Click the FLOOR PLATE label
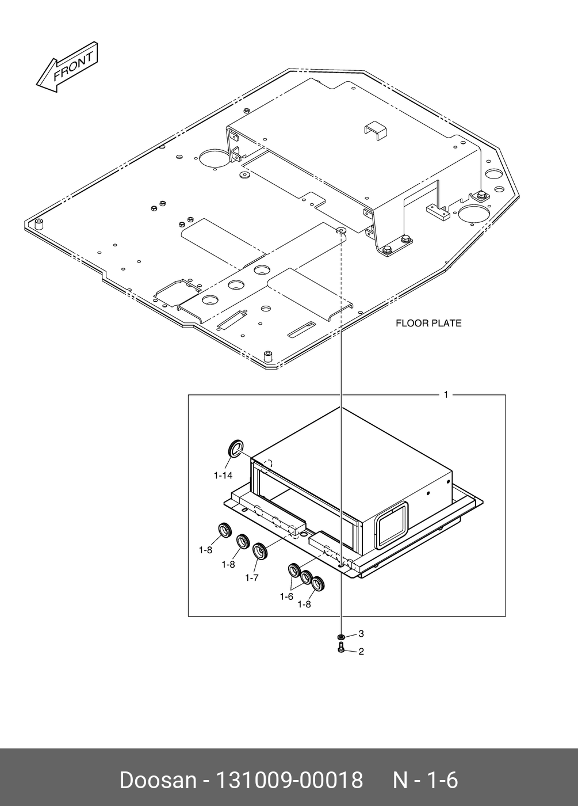point(428,324)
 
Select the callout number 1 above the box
point(446,395)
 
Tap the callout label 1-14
point(223,476)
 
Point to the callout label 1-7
point(251,577)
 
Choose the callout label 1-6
point(286,596)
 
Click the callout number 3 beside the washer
point(361,634)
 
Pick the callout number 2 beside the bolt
point(361,652)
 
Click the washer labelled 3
point(341,637)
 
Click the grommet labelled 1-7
point(261,552)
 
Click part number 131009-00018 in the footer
point(289,781)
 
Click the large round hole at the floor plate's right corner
point(474,214)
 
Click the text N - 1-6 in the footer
point(425,781)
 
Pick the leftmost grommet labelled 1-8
point(223,530)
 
